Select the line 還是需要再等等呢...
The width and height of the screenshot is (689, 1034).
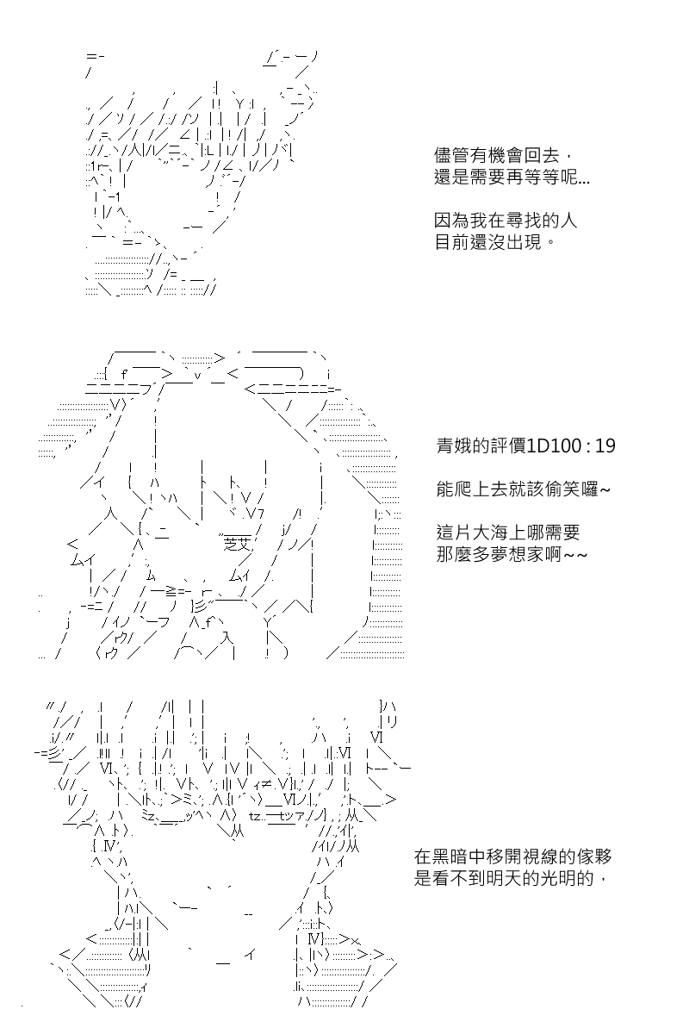(x=512, y=177)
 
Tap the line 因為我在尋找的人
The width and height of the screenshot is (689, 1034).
(x=506, y=221)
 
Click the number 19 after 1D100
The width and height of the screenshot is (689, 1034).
(x=605, y=446)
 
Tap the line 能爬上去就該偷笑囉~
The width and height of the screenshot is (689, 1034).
(x=524, y=489)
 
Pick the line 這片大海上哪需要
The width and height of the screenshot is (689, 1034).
(x=507, y=533)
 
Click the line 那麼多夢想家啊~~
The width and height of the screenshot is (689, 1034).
(x=512, y=554)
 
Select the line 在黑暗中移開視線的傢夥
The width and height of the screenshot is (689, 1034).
(x=512, y=857)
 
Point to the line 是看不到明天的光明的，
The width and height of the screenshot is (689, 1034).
(x=512, y=878)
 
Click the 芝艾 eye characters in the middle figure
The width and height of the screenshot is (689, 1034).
(x=236, y=545)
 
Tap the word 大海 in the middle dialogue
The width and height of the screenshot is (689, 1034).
(x=490, y=533)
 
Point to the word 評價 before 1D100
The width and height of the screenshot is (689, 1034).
(x=507, y=446)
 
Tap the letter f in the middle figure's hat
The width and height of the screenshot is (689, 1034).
(x=124, y=373)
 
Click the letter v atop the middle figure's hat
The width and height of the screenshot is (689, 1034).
(x=197, y=376)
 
